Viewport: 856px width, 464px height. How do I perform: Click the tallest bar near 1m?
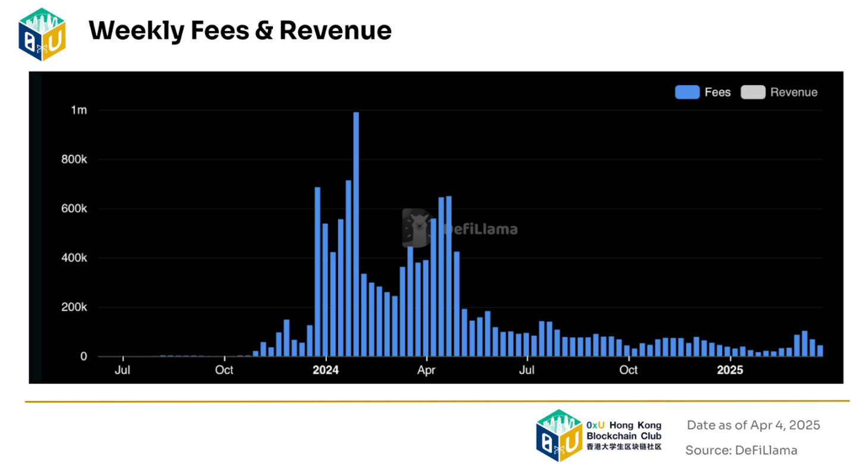pyautogui.click(x=356, y=234)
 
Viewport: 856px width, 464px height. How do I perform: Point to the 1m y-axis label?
pyautogui.click(x=79, y=111)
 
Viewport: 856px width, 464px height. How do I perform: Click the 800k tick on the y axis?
pyautogui.click(x=75, y=160)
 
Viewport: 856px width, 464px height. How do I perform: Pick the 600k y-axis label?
pyautogui.click(x=75, y=209)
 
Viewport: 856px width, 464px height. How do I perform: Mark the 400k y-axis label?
pyautogui.click(x=75, y=258)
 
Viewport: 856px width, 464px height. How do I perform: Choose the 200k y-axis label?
pyautogui.click(x=75, y=308)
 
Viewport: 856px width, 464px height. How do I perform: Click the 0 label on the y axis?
pyautogui.click(x=84, y=356)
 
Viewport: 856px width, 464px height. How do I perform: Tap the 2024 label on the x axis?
pyautogui.click(x=325, y=370)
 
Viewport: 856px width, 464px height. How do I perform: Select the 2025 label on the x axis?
pyautogui.click(x=729, y=370)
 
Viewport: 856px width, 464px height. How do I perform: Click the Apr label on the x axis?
pyautogui.click(x=426, y=370)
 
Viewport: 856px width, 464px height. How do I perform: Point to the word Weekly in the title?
pyautogui.click(x=136, y=30)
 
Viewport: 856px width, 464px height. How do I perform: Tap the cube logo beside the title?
pyautogui.click(x=42, y=34)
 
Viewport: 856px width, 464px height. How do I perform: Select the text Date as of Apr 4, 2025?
pyautogui.click(x=753, y=425)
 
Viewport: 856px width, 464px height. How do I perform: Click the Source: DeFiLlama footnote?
pyautogui.click(x=741, y=450)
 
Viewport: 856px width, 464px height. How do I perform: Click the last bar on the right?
pyautogui.click(x=820, y=351)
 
